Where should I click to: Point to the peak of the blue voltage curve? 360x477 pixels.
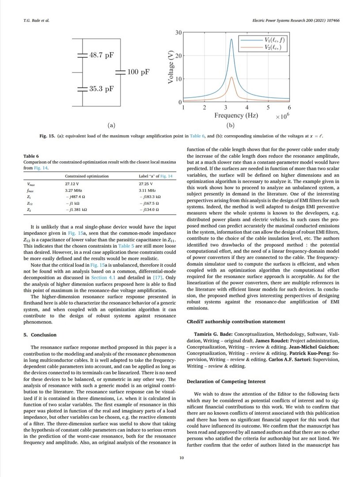coord(232,39)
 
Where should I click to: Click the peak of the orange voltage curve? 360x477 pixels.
coord(232,77)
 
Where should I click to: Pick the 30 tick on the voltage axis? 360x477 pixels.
coord(178,33)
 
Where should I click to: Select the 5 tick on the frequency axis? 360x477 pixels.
coord(268,107)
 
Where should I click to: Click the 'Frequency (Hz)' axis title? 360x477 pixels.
coord(236,115)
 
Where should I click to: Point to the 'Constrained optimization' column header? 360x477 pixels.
coord(87,176)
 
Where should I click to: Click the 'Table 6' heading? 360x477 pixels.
coord(31,156)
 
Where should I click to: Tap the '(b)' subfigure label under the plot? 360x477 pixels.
coord(235,125)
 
